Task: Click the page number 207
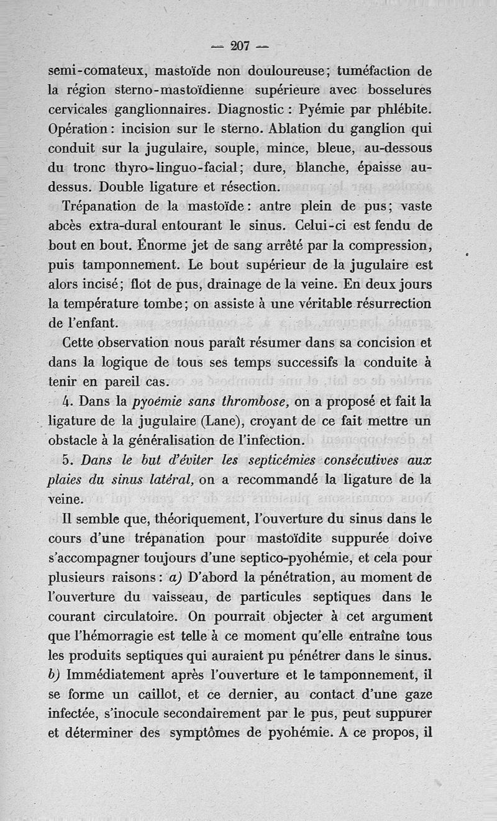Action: click(239, 45)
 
